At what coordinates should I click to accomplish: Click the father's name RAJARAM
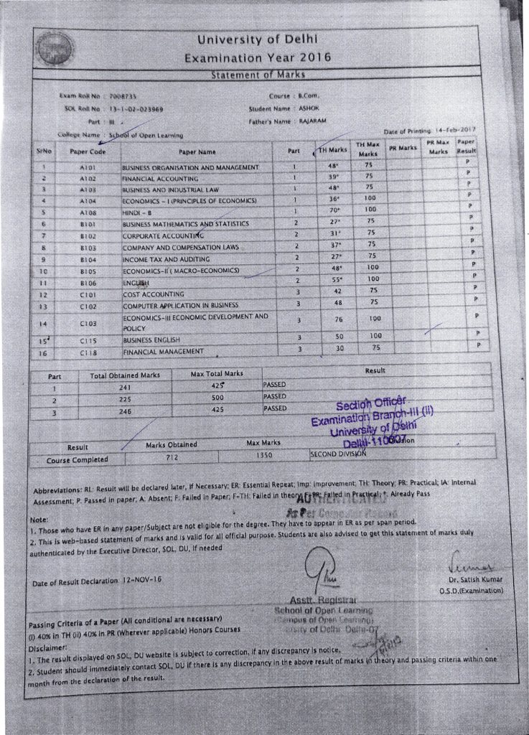pyautogui.click(x=313, y=121)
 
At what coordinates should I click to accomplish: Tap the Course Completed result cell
pyautogui.click(x=77, y=459)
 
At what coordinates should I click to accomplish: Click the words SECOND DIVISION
pyautogui.click(x=338, y=454)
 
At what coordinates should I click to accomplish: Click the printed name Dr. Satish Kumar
pyautogui.click(x=477, y=579)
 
